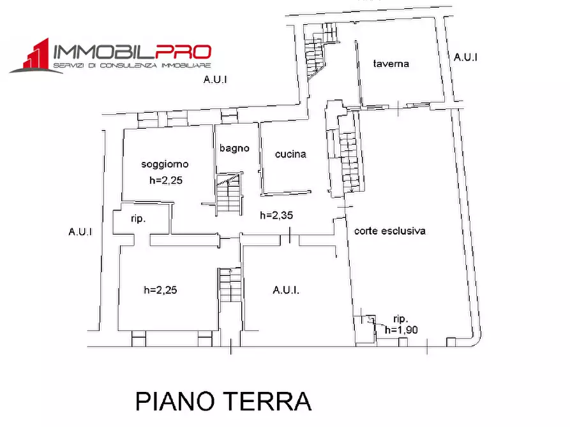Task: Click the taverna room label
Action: [391, 64]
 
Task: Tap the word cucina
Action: [290, 154]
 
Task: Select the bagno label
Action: [234, 148]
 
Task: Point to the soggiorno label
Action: [165, 164]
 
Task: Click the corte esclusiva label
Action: [390, 231]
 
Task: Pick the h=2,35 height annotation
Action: [276, 215]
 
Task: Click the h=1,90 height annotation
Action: [401, 329]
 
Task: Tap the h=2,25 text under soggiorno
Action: [166, 180]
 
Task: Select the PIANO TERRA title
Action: [223, 402]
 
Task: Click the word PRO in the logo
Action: [184, 52]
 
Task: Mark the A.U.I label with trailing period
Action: [286, 290]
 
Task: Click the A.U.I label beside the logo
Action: [215, 80]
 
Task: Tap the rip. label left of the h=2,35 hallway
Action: [138, 219]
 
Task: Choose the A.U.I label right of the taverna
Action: [466, 57]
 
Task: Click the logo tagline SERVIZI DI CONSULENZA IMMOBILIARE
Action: [132, 66]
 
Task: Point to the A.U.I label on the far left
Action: [80, 231]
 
